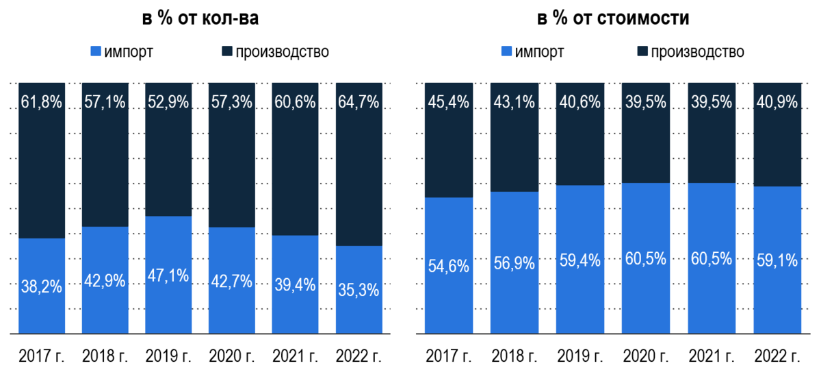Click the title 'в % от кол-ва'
[x=201, y=18]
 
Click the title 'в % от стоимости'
[x=612, y=18]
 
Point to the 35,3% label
[x=359, y=290]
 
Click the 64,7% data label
[x=359, y=103]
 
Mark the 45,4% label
[x=449, y=103]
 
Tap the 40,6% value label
[x=580, y=103]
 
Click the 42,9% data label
[x=105, y=281]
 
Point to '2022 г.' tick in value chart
[x=777, y=357]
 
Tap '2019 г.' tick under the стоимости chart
[x=580, y=357]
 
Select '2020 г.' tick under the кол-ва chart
[x=232, y=357]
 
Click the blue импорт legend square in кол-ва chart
[x=96, y=51]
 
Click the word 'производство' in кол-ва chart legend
[x=283, y=51]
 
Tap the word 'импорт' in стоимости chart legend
[x=540, y=51]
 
